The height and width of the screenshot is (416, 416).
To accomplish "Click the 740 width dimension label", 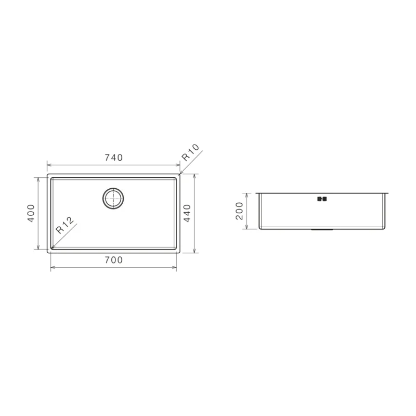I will tap(113, 158).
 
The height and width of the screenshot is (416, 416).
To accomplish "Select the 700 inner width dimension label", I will tap(113, 261).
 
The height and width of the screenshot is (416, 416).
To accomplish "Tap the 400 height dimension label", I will tap(31, 213).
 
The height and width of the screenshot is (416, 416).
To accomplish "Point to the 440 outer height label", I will tap(187, 213).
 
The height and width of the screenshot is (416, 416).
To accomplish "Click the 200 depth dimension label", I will tap(239, 211).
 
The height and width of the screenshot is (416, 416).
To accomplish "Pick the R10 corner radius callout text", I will tap(190, 154).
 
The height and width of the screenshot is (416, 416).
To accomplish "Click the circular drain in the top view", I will tap(113, 198).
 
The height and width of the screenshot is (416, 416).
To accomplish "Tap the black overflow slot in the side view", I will tap(321, 198).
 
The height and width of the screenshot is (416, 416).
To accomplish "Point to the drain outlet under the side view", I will tap(323, 229).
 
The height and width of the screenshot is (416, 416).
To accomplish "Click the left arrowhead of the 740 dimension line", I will tap(49, 164).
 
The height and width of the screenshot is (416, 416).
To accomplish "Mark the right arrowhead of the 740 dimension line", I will tap(178, 164).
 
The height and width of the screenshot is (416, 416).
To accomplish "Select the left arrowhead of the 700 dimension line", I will tap(52, 268).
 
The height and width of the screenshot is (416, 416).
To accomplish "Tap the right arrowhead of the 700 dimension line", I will tap(175, 268).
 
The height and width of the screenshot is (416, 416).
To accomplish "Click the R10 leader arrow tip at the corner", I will tap(180, 173).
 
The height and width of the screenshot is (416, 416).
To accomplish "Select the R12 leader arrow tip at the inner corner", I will tap(52, 247).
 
